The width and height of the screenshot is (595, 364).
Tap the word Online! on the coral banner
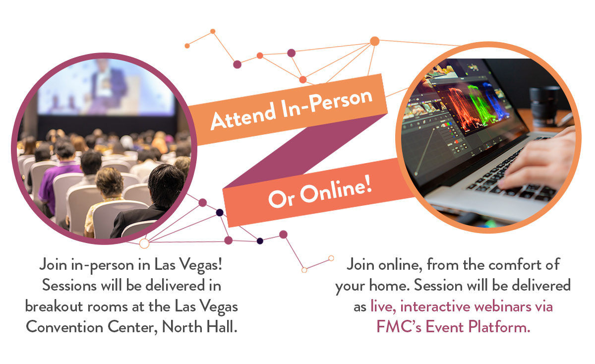tap(336, 189)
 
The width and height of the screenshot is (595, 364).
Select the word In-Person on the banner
tap(327, 103)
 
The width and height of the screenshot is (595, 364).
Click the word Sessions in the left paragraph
tap(69, 286)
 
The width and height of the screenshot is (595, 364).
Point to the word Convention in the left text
tap(64, 327)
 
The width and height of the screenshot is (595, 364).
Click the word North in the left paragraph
tap(182, 327)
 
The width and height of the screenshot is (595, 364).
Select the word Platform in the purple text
tap(499, 327)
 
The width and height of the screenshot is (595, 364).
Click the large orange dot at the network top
tap(374, 41)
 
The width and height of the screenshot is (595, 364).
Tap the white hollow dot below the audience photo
tap(144, 243)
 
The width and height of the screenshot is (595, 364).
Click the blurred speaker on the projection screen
tap(109, 85)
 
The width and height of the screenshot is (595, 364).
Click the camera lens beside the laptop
tap(542, 106)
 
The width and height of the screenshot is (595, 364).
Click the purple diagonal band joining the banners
tap(305, 151)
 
